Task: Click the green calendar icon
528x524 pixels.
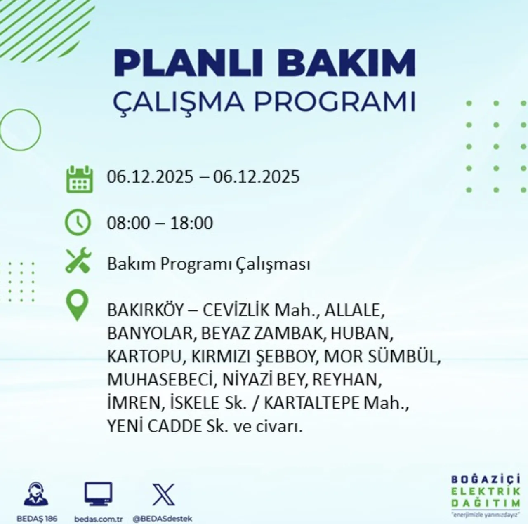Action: coord(79,179)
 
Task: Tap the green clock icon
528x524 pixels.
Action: coord(78,222)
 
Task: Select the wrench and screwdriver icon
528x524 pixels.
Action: coord(78,260)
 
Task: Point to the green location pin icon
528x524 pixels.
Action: coord(77,305)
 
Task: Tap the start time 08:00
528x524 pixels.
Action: coord(128,223)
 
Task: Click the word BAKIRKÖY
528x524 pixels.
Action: coord(145,310)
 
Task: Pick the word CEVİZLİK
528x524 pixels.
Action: coord(236,310)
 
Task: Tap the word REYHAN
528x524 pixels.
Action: coord(347,380)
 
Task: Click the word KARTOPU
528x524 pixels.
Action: coord(144,357)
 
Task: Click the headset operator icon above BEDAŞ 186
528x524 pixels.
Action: coord(36,494)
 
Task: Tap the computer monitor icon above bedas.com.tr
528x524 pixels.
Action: coord(98,494)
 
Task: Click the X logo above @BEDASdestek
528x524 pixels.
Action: coord(163,495)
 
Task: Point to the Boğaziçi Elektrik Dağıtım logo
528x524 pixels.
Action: coord(486,497)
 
